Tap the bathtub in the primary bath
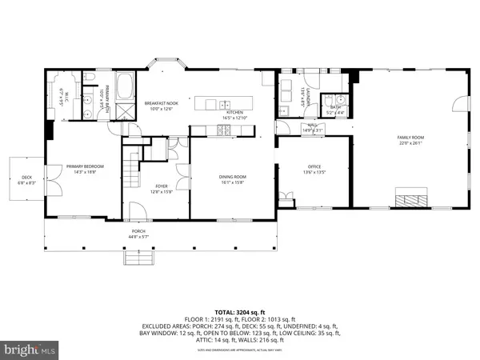[x=127, y=85]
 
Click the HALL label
[x=311, y=126]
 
